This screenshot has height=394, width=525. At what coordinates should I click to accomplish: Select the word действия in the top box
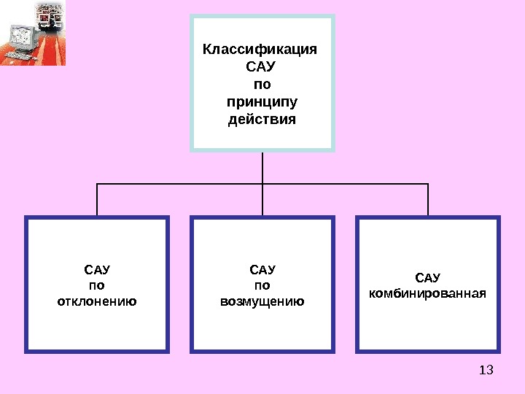[262, 118]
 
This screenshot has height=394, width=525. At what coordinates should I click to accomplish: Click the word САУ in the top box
[262, 67]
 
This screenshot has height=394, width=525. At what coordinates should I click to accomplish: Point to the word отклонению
[97, 301]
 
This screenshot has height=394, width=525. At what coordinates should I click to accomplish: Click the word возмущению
[262, 301]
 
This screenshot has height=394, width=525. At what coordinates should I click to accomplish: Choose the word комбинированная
[427, 293]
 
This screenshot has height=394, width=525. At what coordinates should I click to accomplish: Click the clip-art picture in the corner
[33, 33]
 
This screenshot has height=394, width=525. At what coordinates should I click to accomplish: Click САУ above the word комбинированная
[427, 277]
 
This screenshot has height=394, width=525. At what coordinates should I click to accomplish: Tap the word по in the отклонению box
[97, 285]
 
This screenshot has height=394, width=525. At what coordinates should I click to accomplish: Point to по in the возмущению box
[262, 285]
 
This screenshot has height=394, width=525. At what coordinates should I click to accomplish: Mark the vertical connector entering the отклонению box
[97, 200]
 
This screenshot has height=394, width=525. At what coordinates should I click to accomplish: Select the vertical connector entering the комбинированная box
[428, 200]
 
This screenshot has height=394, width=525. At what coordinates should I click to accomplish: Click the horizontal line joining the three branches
[182, 184]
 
